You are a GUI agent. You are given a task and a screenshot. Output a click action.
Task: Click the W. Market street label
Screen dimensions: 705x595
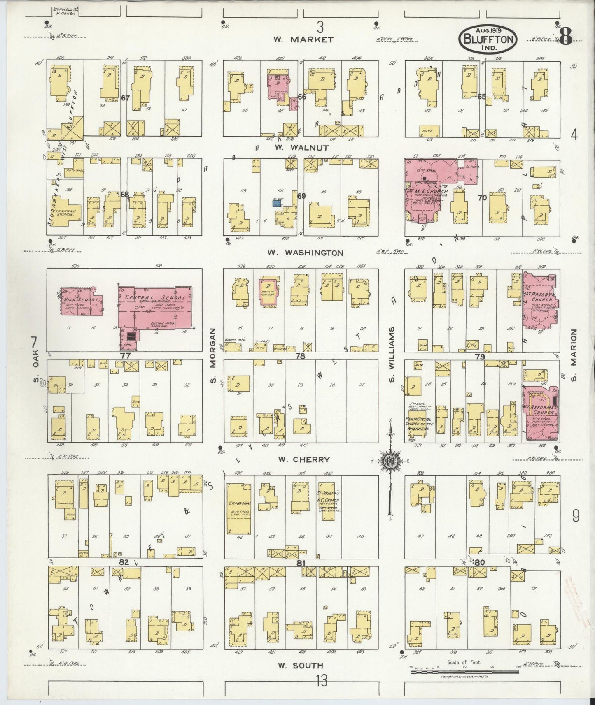[303, 39]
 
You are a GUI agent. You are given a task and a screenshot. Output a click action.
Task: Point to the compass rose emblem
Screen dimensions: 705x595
[390, 460]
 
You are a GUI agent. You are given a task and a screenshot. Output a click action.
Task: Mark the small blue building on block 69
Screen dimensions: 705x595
[277, 203]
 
